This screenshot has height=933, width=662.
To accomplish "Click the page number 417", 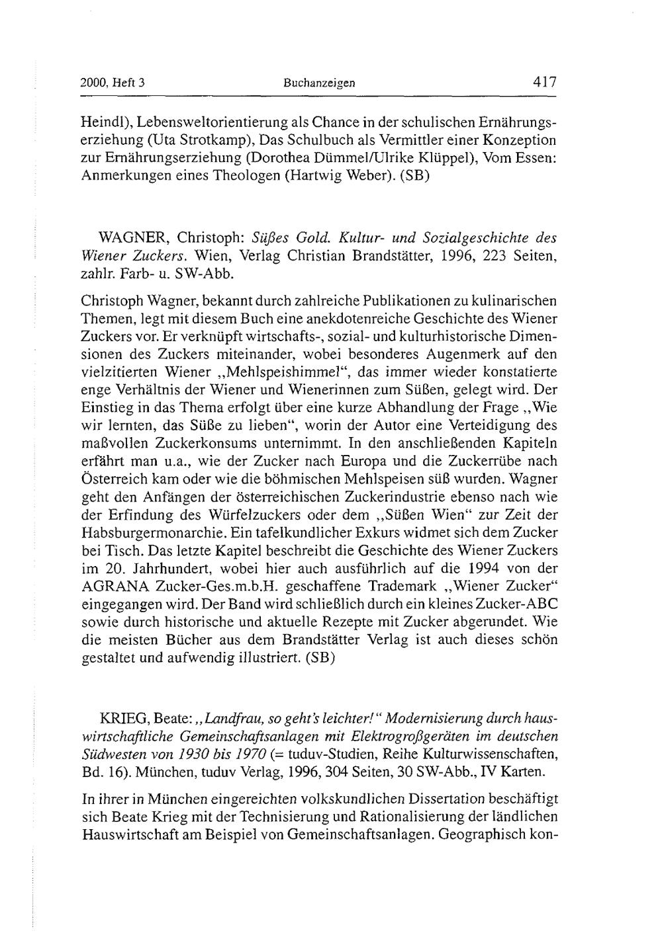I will [x=544, y=83].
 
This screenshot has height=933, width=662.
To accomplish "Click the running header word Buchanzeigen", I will [x=319, y=84].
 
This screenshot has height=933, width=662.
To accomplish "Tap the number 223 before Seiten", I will [x=496, y=255].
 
